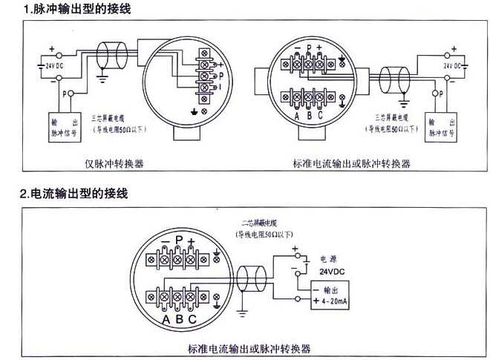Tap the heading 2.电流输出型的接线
(x=73, y=194)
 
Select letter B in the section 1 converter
(x=308, y=117)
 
